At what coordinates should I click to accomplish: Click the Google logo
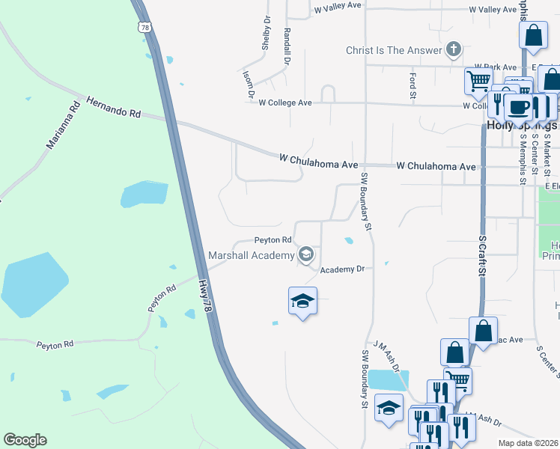pyautogui.click(x=25, y=440)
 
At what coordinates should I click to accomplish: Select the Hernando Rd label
pyautogui.click(x=113, y=107)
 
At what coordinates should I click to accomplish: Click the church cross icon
pyautogui.click(x=452, y=51)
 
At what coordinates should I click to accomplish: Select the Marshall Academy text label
pyautogui.click(x=252, y=256)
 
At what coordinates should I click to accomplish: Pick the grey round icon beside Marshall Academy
pyautogui.click(x=305, y=256)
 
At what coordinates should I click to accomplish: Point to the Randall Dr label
pyautogui.click(x=287, y=46)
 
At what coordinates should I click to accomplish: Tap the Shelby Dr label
pyautogui.click(x=265, y=34)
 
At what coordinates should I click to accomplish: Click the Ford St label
pyautogui.click(x=413, y=85)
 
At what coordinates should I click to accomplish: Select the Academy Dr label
pyautogui.click(x=342, y=269)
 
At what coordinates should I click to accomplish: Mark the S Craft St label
pyautogui.click(x=482, y=257)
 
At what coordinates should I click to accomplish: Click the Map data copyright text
pyautogui.click(x=528, y=443)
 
